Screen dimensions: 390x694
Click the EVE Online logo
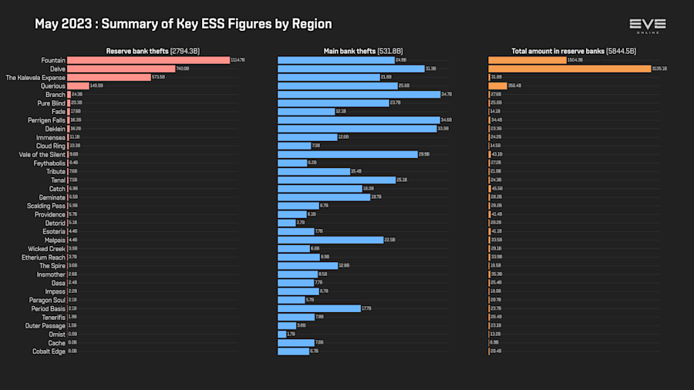coord(647,25)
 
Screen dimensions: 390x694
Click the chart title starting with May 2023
coord(184,24)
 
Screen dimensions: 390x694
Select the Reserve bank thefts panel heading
coord(153,51)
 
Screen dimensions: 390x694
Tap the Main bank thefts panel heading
coord(363,51)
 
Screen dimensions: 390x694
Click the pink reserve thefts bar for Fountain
coord(148,60)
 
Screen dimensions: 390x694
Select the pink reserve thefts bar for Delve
coord(121,69)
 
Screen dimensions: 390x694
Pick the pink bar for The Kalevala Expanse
coord(109,77)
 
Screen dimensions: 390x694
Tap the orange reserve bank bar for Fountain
coord(527,60)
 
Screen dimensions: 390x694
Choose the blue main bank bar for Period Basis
coord(318,308)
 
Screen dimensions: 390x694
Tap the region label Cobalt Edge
coord(48,351)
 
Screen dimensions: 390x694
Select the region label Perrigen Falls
coord(45,120)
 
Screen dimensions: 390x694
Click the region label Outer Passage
coord(45,325)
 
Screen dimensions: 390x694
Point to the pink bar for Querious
coord(78,86)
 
